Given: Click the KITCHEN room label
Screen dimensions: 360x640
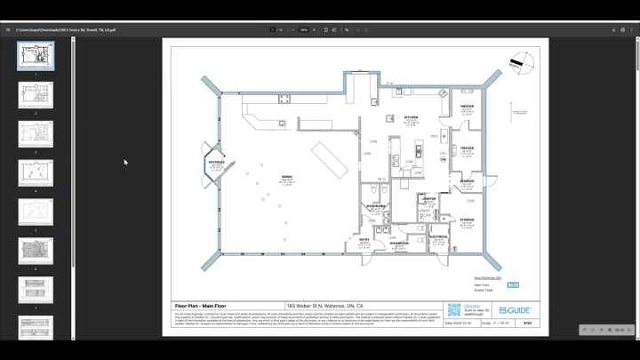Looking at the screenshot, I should tap(411, 117).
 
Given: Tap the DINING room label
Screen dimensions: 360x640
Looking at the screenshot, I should tap(286, 178).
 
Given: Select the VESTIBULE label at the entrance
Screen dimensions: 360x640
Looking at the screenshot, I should tap(216, 163).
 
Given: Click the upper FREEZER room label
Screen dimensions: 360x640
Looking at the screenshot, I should tap(467, 107).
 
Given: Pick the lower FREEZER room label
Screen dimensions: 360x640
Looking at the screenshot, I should tap(467, 148).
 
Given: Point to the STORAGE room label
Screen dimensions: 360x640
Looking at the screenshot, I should tap(467, 220).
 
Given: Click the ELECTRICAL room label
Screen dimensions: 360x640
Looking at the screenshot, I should tap(438, 237).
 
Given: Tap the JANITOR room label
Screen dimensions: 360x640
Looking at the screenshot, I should tap(429, 199).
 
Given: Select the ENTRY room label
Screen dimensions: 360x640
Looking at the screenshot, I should tap(364, 239).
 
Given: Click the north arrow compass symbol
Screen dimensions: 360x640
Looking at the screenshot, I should tap(522, 63).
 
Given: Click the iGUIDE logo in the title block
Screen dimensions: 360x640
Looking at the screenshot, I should tap(515, 310).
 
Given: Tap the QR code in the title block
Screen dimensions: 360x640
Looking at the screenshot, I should tap(454, 310).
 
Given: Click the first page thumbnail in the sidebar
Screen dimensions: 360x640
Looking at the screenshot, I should tap(36, 56).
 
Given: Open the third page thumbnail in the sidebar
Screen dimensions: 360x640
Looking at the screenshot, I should tap(36, 133).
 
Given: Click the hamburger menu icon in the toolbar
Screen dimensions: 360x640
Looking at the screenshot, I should tap(8, 29).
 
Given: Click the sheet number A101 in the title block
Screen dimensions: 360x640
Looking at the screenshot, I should tap(527, 324).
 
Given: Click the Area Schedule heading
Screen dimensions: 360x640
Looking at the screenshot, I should tap(487, 278).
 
